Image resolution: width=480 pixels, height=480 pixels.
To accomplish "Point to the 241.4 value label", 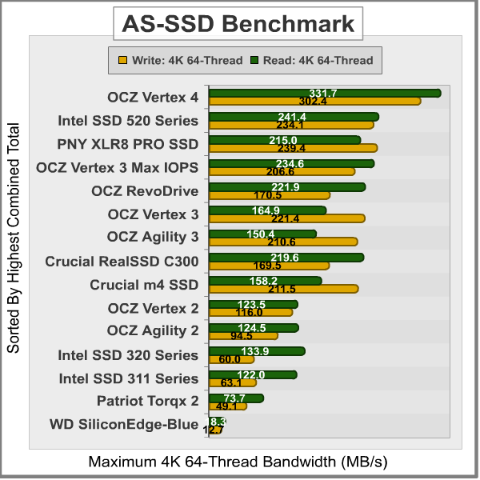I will point(292,118).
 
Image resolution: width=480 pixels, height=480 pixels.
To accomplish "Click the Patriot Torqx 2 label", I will point(147,401).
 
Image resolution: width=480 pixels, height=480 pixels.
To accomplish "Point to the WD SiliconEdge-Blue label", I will point(123,425).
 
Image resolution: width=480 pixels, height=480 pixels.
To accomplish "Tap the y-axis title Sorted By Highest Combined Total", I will point(14,238).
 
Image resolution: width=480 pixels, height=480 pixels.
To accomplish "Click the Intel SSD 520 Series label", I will point(128,122).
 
